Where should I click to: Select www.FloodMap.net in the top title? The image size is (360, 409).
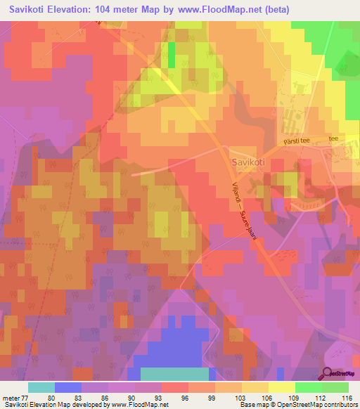click(217, 10)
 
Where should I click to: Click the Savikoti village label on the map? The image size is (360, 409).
click(247, 162)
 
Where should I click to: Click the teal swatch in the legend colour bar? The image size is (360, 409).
click(41, 387)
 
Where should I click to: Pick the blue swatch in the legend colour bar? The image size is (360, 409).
click(68, 387)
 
